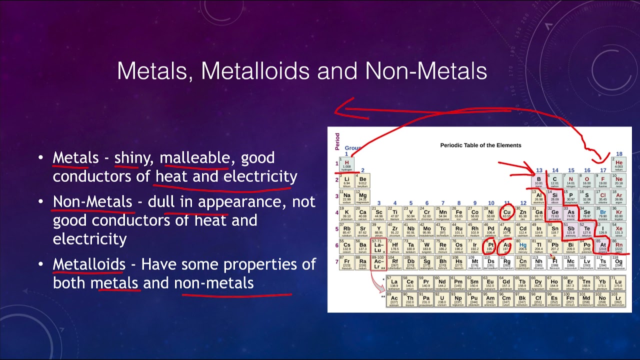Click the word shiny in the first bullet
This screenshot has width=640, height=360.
pyautogui.click(x=132, y=158)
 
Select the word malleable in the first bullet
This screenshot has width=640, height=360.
pyautogui.click(x=195, y=158)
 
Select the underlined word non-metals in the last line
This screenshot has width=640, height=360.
pyautogui.click(x=214, y=283)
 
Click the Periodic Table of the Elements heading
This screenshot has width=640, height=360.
pyautogui.click(x=480, y=145)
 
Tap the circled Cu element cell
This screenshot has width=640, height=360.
pyautogui.click(x=507, y=213)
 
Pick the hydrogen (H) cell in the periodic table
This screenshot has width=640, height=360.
pyautogui.click(x=347, y=164)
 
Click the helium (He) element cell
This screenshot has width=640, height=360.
pyautogui.click(x=619, y=164)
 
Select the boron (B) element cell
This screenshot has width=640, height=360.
pyautogui.click(x=539, y=180)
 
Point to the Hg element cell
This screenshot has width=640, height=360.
pyautogui.click(x=523, y=246)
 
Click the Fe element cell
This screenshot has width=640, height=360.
pyautogui.click(x=459, y=213)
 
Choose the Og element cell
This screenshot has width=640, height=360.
pyautogui.click(x=619, y=262)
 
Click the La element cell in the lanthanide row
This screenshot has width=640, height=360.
pyautogui.click(x=394, y=283)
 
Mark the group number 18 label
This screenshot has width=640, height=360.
pyautogui.click(x=619, y=154)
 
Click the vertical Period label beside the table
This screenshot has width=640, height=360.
pyautogui.click(x=337, y=141)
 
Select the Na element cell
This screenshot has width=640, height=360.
pyautogui.click(x=347, y=197)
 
